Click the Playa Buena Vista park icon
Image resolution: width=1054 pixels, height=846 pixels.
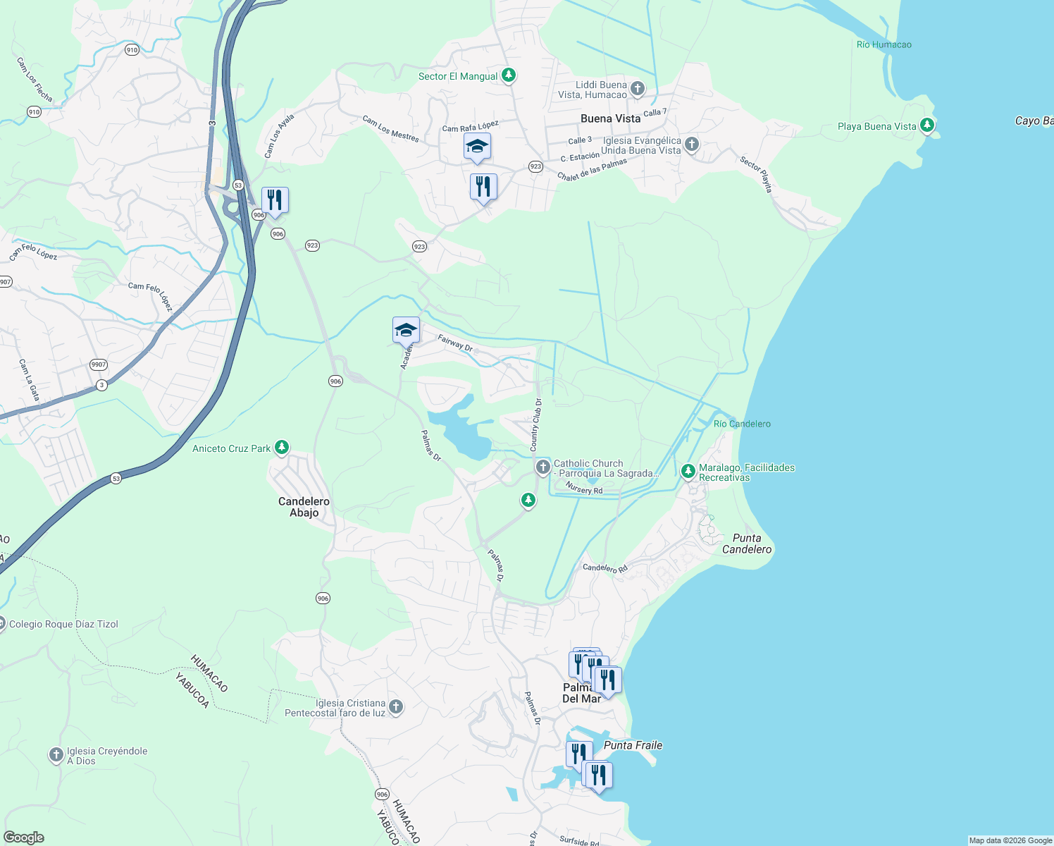coord(927,125)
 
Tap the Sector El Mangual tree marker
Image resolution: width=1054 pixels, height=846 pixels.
coord(509,75)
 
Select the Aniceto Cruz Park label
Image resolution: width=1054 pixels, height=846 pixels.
coord(232,448)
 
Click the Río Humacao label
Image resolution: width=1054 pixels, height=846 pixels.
coord(883,44)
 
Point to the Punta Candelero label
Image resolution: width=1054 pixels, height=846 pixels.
coord(747,544)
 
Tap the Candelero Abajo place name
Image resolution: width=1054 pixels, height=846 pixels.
coord(304,507)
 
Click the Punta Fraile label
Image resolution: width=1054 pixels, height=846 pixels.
coord(633,745)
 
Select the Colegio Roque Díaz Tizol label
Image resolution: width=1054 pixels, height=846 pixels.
coord(63,624)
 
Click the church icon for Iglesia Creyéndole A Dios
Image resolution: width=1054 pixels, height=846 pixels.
coord(56,755)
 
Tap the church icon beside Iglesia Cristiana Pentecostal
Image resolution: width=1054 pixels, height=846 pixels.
coord(396,706)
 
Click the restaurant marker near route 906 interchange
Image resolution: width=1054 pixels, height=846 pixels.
coord(275,200)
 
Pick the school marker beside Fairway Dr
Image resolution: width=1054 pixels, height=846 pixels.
coord(406,330)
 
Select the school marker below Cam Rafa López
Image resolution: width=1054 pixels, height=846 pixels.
coord(477,147)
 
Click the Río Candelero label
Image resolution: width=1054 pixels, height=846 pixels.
coord(742,424)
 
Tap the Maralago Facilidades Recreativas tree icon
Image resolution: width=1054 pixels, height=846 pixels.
coord(688,472)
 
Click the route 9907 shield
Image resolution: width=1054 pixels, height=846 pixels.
coord(99,364)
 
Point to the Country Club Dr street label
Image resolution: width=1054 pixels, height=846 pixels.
coord(536,424)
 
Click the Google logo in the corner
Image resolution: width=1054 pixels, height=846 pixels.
coord(24,838)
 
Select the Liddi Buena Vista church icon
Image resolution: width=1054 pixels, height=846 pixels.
coord(637,89)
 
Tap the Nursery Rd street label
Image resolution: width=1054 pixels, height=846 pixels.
coord(584,489)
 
